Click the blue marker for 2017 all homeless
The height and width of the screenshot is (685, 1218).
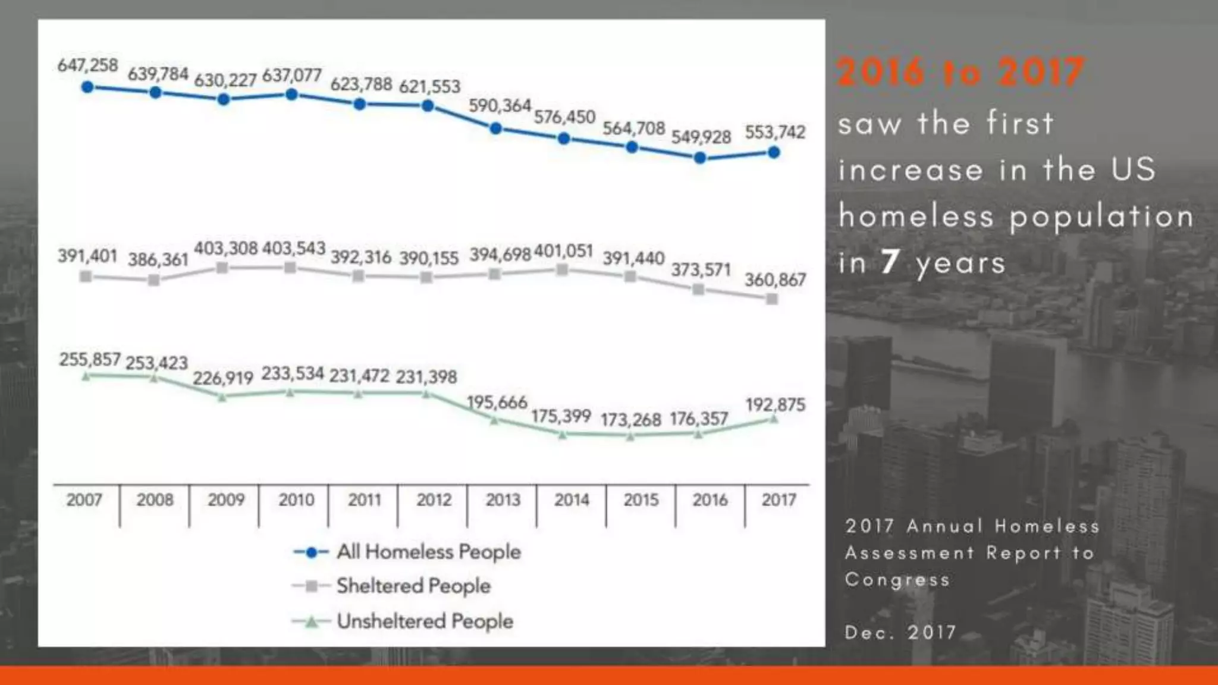(774, 152)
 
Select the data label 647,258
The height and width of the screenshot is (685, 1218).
(87, 65)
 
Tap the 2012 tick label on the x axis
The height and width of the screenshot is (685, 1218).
(434, 499)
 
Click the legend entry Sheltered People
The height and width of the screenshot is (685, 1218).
(413, 586)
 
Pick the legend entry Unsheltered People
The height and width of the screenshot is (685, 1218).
(424, 621)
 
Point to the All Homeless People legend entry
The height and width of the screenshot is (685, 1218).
(428, 551)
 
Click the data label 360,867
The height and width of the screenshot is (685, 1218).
(775, 279)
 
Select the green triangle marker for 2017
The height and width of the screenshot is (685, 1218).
(774, 419)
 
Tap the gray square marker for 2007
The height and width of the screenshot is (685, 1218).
(86, 276)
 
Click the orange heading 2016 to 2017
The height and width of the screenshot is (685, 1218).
(960, 72)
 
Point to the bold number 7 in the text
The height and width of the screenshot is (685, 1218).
(890, 262)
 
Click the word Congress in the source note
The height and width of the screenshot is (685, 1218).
(897, 579)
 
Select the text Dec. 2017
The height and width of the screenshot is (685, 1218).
(900, 631)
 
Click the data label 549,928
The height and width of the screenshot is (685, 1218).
(701, 137)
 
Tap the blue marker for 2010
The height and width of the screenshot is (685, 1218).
(291, 94)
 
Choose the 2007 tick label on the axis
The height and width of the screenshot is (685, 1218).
(84, 499)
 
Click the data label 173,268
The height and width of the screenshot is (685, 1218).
(630, 420)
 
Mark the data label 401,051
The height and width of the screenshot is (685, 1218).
(563, 250)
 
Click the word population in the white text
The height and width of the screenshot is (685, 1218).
(1101, 216)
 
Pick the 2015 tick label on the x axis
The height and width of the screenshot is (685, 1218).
(641, 499)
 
